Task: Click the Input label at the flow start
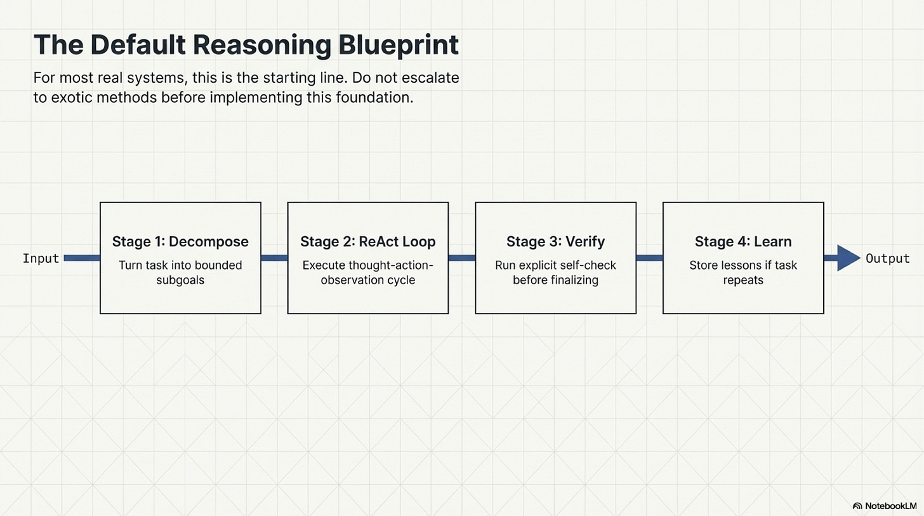[41, 258]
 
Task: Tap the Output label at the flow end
[888, 258]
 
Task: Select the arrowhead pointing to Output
[848, 258]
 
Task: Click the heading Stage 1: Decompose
[180, 242]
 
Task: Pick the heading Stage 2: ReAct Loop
[368, 242]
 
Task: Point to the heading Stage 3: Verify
[555, 242]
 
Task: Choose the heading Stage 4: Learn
[743, 242]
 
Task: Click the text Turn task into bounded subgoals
[180, 272]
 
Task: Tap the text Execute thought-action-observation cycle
[368, 272]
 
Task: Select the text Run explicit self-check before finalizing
[555, 272]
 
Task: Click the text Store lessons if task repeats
[743, 272]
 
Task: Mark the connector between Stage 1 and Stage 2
[274, 258]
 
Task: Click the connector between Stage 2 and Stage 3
[462, 258]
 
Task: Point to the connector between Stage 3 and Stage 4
[649, 258]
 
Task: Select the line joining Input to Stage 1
[82, 258]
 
